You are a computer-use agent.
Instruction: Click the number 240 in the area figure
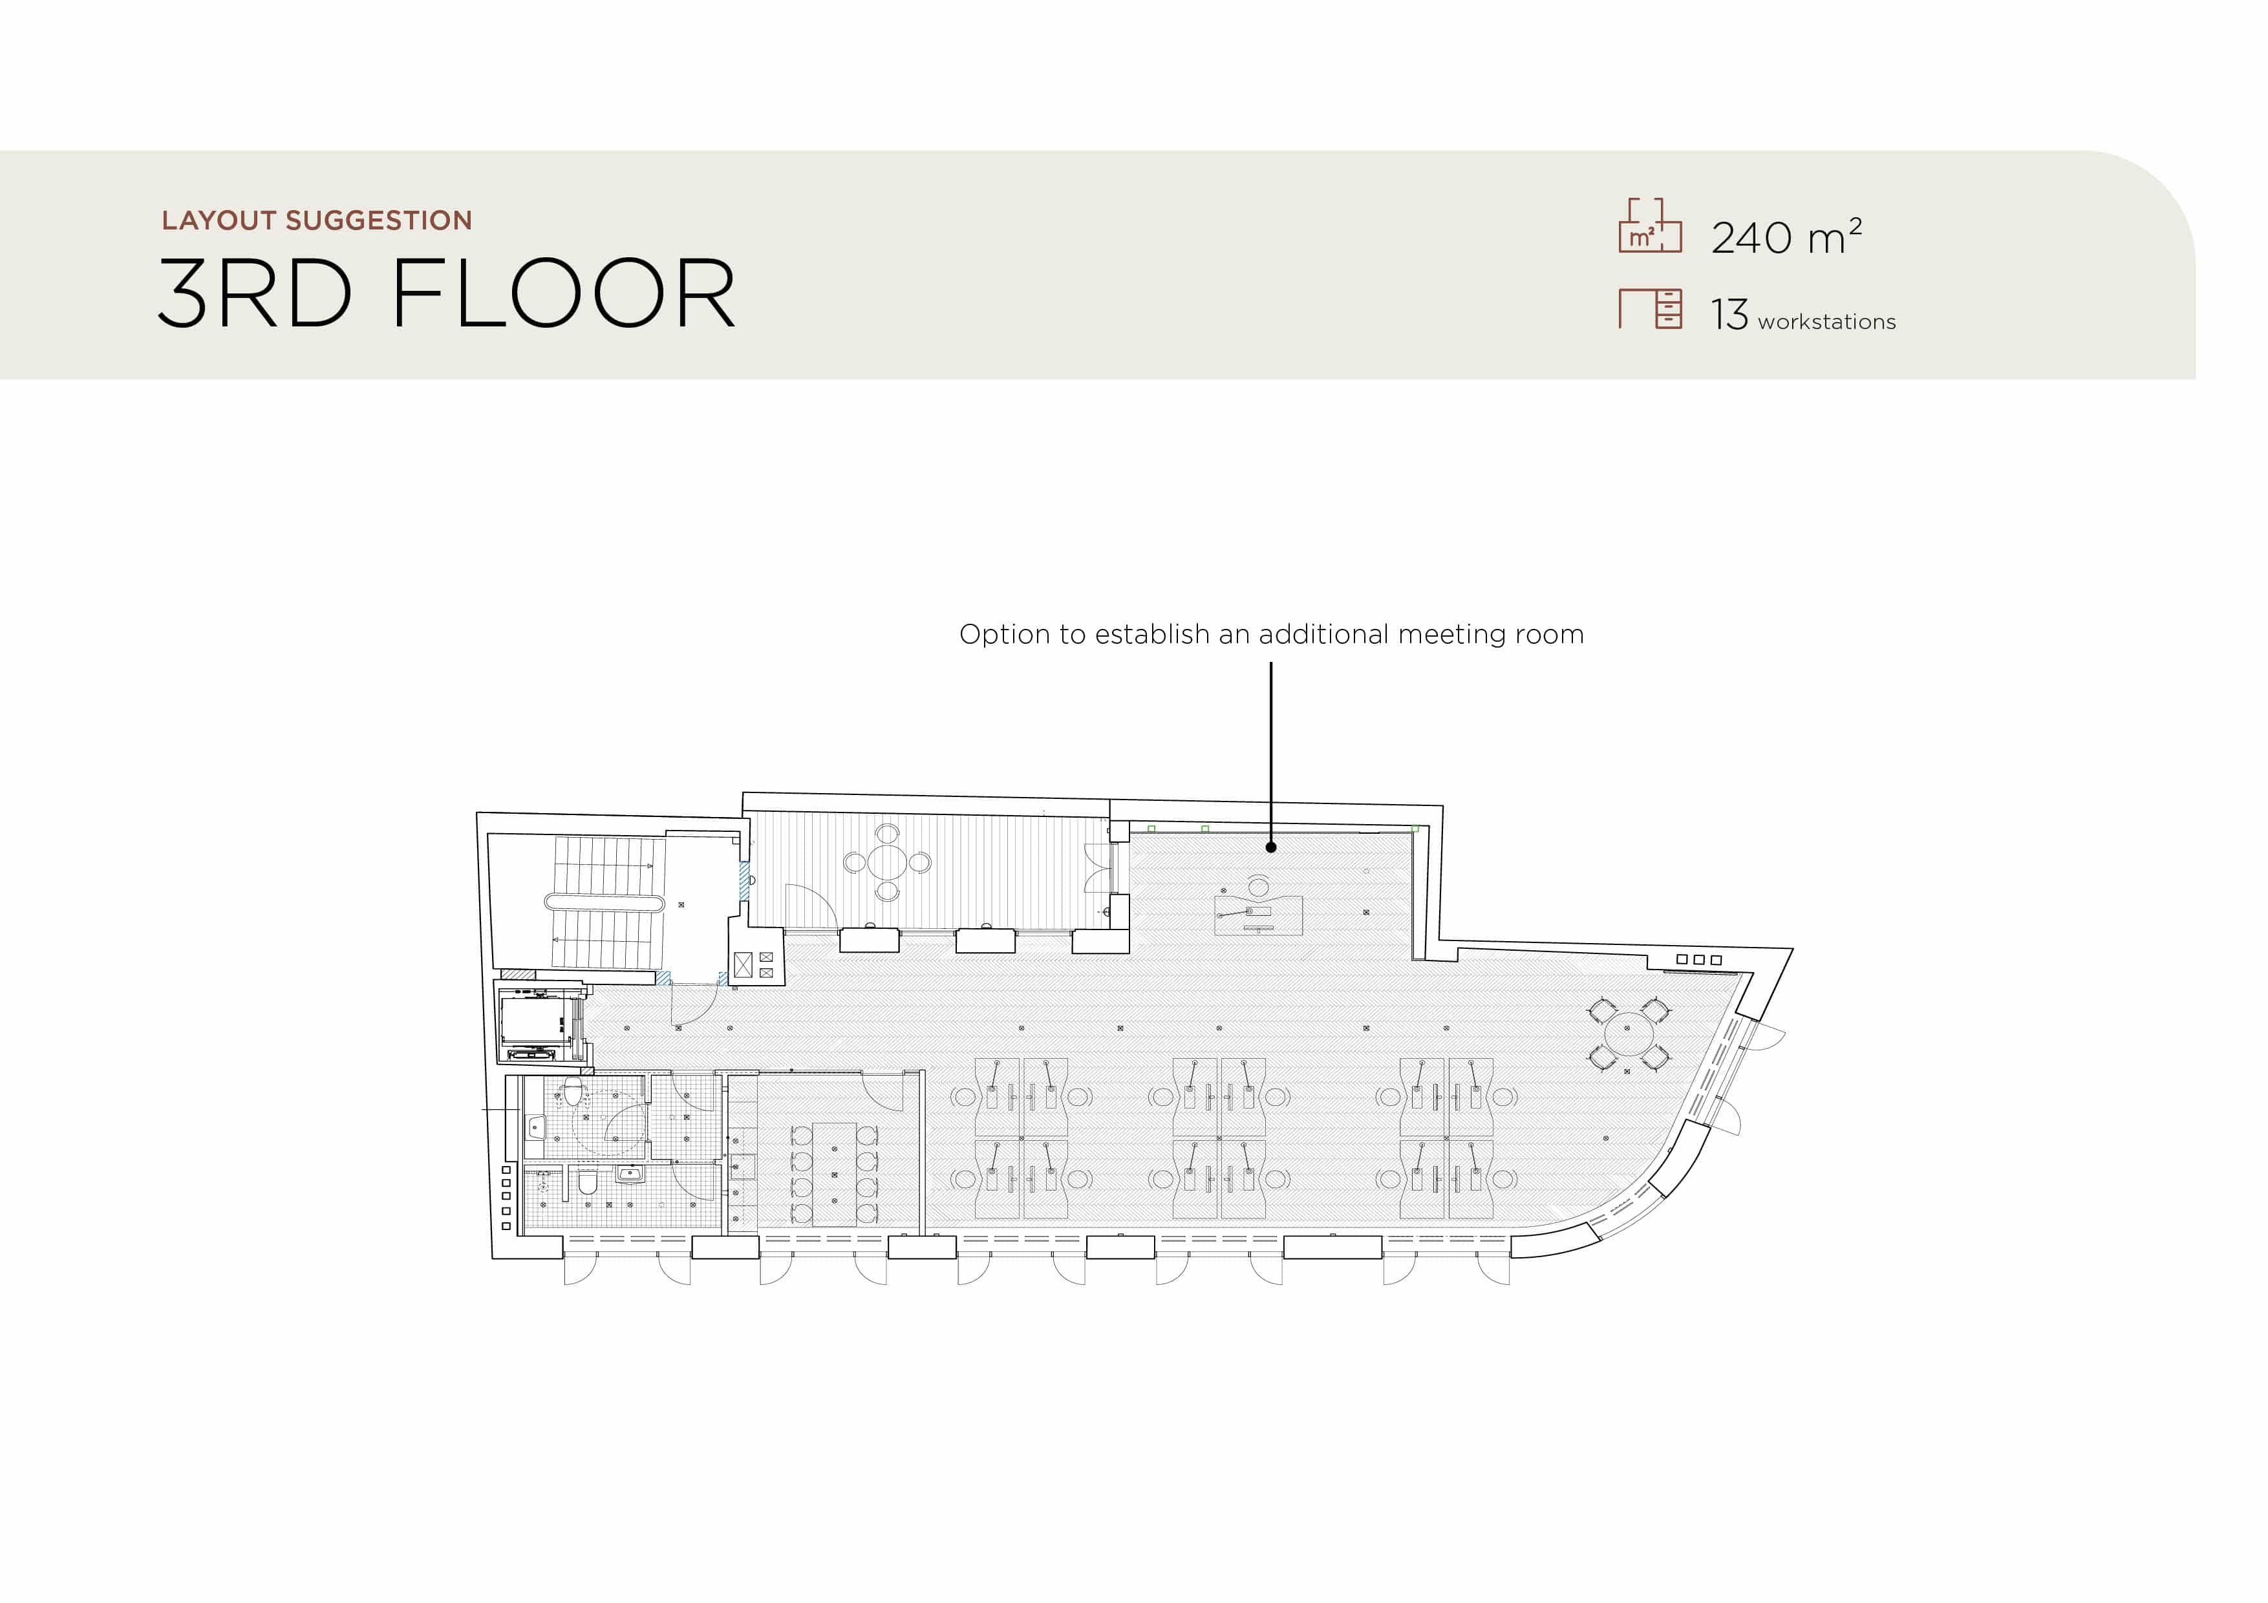1751,238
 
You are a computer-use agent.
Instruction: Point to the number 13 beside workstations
1729,315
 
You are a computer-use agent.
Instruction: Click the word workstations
1826,322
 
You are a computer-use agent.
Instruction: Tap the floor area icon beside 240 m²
1650,225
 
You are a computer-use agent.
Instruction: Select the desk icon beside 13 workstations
1650,308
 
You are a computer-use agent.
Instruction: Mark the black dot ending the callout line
1271,847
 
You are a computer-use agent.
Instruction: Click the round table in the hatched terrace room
887,862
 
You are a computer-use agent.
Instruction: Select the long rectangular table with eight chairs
835,1173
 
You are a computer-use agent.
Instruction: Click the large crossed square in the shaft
743,964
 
